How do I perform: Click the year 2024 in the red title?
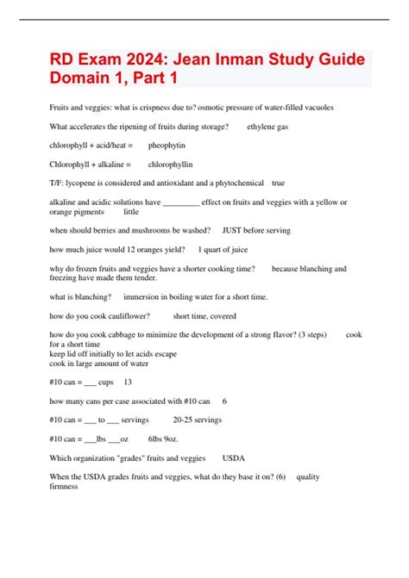(x=148, y=62)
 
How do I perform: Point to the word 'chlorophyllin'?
(x=171, y=164)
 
